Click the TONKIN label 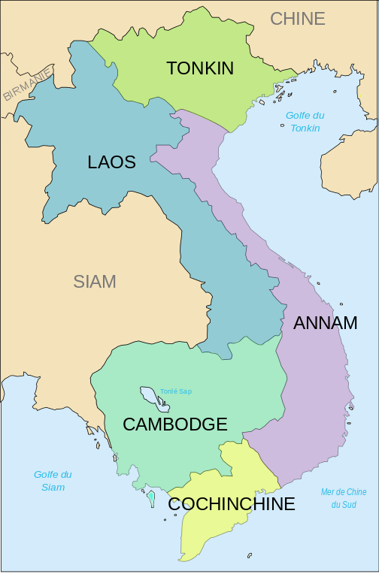(x=200, y=68)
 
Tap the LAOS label (x=111, y=162)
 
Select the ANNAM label (x=325, y=323)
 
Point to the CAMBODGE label (x=174, y=424)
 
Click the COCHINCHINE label (x=231, y=504)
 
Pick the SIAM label (x=95, y=282)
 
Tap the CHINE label (x=298, y=19)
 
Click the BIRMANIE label (x=27, y=84)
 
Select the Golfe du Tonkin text (x=305, y=122)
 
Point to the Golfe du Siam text (x=53, y=481)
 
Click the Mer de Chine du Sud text (x=344, y=498)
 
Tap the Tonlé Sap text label (x=176, y=391)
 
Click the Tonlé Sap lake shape (x=149, y=395)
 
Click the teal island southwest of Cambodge (x=151, y=497)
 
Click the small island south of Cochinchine (x=250, y=556)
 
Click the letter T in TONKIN (x=171, y=68)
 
